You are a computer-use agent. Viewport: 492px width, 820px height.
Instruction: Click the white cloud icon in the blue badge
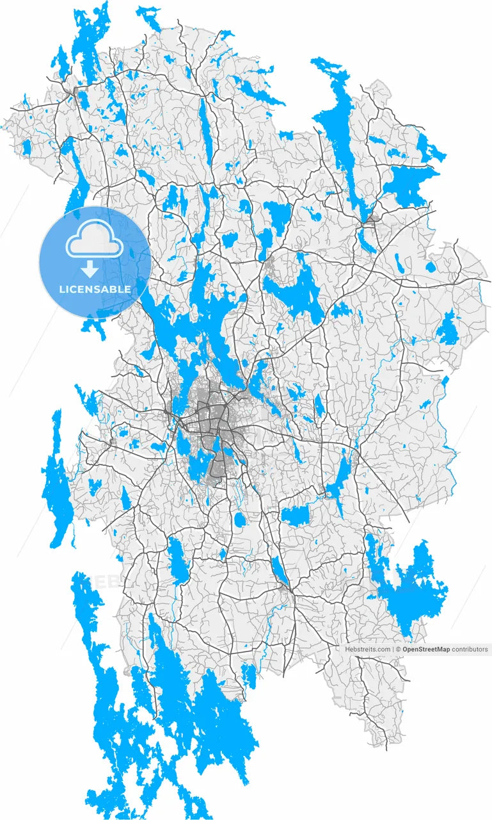tap(95, 238)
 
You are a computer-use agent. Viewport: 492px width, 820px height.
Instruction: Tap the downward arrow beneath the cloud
tap(95, 268)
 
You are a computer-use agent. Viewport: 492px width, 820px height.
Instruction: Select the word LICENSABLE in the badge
tap(95, 289)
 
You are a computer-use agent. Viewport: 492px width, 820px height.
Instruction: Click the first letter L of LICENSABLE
tap(61, 289)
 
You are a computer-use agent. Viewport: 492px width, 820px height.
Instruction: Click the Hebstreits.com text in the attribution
tap(367, 649)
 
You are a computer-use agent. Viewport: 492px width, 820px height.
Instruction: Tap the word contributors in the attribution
tap(470, 649)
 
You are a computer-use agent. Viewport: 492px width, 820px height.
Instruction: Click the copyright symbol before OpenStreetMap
tap(398, 649)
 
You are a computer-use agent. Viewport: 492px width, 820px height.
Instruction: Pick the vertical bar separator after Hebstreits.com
tap(392, 649)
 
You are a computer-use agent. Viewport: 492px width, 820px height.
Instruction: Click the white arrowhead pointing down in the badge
tap(95, 272)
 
